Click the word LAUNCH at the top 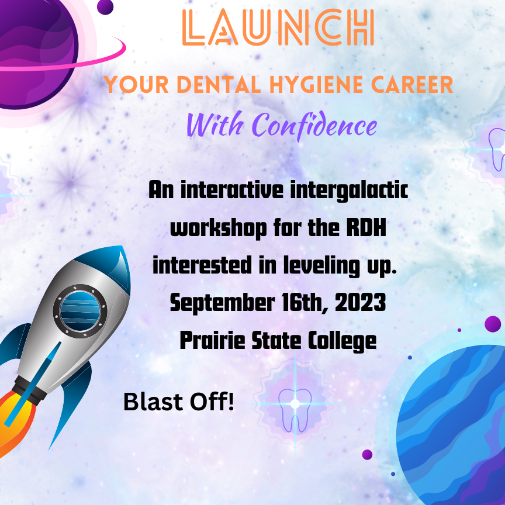click(278, 27)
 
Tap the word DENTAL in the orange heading click(219, 85)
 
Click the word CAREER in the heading click(412, 85)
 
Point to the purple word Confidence click(316, 125)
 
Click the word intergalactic click(349, 191)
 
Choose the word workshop click(219, 229)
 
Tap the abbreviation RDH click(366, 228)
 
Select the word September click(222, 303)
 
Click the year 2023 click(361, 303)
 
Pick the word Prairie click(213, 340)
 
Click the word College click(343, 341)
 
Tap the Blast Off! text click(179, 402)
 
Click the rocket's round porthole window click(80, 311)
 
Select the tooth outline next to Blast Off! click(295, 410)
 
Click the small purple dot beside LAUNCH click(105, 7)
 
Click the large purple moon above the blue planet click(493, 324)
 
